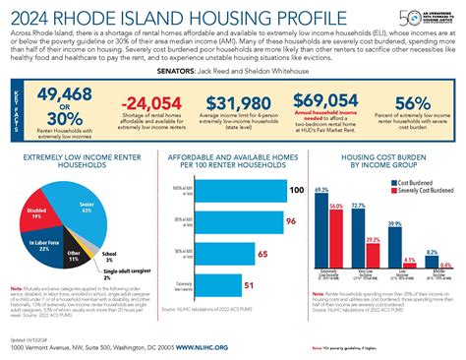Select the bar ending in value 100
tap(250, 188)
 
